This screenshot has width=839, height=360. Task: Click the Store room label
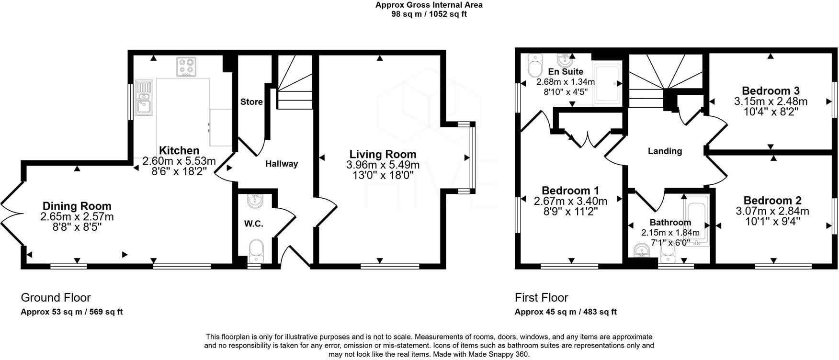pyautogui.click(x=251, y=102)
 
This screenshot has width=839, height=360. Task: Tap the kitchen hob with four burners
pyautogui.click(x=187, y=67)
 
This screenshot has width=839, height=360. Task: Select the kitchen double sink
pyautogui.click(x=143, y=98)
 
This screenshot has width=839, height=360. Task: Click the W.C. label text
pyautogui.click(x=254, y=224)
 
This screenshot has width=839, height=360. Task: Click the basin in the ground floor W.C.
pyautogui.click(x=255, y=201)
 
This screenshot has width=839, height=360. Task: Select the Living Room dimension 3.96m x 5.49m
pyautogui.click(x=383, y=165)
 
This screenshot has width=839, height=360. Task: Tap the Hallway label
pyautogui.click(x=282, y=164)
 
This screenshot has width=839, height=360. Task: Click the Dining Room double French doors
pyautogui.click(x=11, y=213)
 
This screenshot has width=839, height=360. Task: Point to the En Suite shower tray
pyautogui.click(x=607, y=84)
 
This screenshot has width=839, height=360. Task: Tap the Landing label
pyautogui.click(x=665, y=151)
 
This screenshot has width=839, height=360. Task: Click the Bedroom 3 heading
pyautogui.click(x=771, y=90)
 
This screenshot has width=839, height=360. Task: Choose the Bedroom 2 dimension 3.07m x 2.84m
pyautogui.click(x=772, y=211)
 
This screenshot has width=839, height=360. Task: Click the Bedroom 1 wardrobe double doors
pyautogui.click(x=588, y=139)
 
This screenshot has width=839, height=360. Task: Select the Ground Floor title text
pyautogui.click(x=56, y=298)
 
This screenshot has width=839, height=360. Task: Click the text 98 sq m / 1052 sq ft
pyautogui.click(x=429, y=14)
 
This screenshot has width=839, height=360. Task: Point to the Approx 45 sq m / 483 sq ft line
pyautogui.click(x=566, y=312)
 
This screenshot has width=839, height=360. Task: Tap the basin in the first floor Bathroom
pyautogui.click(x=641, y=251)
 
